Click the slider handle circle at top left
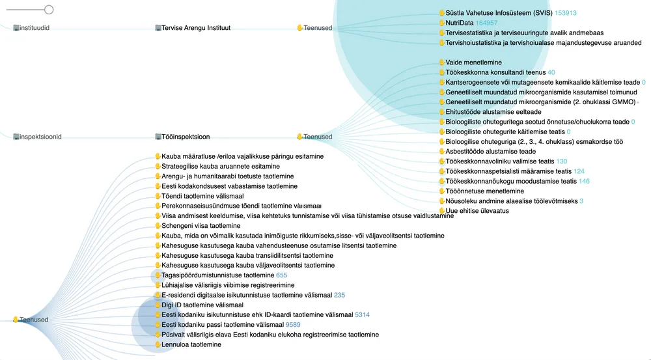pos(49,10)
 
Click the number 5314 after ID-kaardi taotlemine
pos(362,314)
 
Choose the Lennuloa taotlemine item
pos(191,345)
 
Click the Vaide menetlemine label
pos(473,62)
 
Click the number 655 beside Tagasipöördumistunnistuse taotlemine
pos(281,275)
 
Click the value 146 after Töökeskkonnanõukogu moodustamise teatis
pos(584,182)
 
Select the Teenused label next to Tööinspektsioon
pos(318,137)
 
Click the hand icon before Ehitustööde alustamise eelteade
pos(441,113)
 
